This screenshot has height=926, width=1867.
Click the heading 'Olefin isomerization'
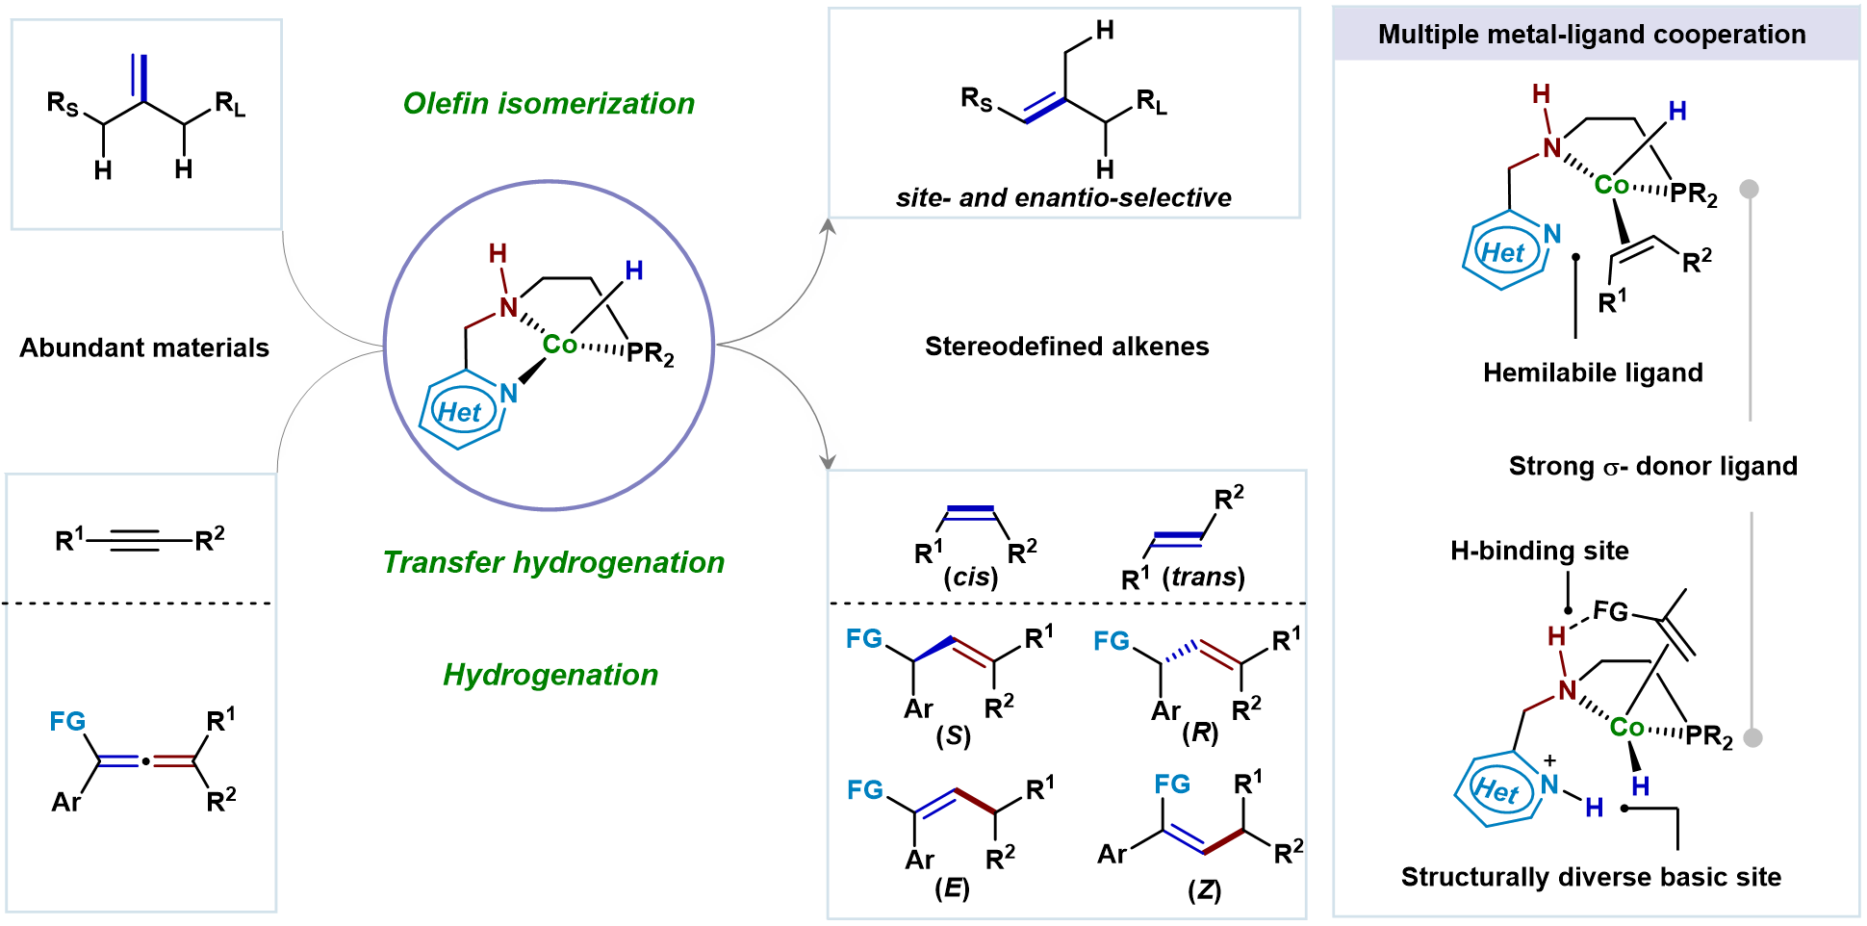549,103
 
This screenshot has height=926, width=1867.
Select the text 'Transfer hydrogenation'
553,562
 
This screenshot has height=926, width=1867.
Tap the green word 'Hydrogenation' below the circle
550,675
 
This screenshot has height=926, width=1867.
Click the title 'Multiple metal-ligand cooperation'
1592,35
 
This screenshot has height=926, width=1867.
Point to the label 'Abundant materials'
144,347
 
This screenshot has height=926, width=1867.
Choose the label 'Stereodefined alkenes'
1066,347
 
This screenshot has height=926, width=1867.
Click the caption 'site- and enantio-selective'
1063,197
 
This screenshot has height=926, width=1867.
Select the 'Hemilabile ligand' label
1593,373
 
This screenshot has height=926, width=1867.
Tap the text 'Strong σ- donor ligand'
1652,466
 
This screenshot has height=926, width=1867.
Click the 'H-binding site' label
1539,551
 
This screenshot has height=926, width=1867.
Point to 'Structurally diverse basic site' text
1591,877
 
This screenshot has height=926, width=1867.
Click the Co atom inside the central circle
559,345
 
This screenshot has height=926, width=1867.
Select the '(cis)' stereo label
970,577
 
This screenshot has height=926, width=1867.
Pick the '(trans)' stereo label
1203,577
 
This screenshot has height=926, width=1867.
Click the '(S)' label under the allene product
953,736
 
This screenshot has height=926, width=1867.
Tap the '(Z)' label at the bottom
1204,889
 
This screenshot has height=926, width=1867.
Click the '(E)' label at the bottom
952,887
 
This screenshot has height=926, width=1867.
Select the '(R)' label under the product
1200,733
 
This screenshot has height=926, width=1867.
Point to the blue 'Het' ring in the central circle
460,413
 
